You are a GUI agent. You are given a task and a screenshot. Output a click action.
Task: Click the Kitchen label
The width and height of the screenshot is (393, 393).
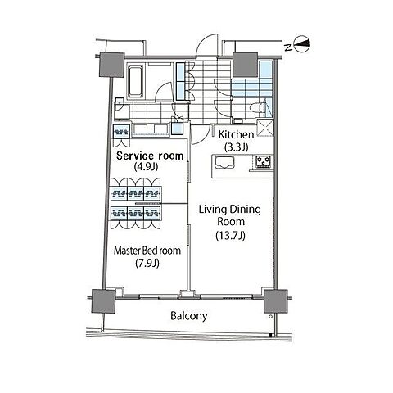(237, 134)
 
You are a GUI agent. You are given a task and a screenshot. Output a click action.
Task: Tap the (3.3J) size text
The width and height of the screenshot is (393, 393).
(237, 147)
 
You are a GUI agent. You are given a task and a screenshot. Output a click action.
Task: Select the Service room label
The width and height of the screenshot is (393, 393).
(150, 156)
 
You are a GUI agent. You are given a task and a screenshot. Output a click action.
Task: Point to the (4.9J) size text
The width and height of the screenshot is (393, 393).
(147, 166)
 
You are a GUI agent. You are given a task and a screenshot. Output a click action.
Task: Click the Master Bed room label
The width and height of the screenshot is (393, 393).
(147, 251)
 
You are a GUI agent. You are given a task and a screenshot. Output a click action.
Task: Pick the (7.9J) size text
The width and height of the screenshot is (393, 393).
(147, 263)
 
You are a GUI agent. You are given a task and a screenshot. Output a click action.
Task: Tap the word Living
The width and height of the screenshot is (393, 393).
(213, 210)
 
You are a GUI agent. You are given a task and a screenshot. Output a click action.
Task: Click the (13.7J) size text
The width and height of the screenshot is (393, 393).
(231, 235)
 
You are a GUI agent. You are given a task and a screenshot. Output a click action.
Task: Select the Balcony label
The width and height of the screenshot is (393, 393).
(189, 316)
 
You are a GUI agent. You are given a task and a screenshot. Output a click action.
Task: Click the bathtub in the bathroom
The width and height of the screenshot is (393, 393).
(135, 80)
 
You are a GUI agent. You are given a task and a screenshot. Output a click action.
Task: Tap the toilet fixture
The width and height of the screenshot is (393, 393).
(258, 107)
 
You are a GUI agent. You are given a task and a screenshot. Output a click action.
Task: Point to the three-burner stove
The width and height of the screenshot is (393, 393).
(264, 161)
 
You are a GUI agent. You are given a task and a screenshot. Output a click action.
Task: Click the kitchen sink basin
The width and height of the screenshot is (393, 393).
(225, 163)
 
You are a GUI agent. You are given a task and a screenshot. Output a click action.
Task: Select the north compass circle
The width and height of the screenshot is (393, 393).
(302, 44)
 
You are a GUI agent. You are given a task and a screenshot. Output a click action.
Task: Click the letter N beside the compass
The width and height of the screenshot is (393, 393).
(288, 47)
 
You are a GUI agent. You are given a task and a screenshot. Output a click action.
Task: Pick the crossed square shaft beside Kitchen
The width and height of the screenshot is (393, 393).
(265, 128)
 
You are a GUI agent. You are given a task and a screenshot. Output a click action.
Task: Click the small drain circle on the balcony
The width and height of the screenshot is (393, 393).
(270, 317)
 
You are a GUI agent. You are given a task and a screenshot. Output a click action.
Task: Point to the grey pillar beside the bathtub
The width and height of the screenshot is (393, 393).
(111, 65)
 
